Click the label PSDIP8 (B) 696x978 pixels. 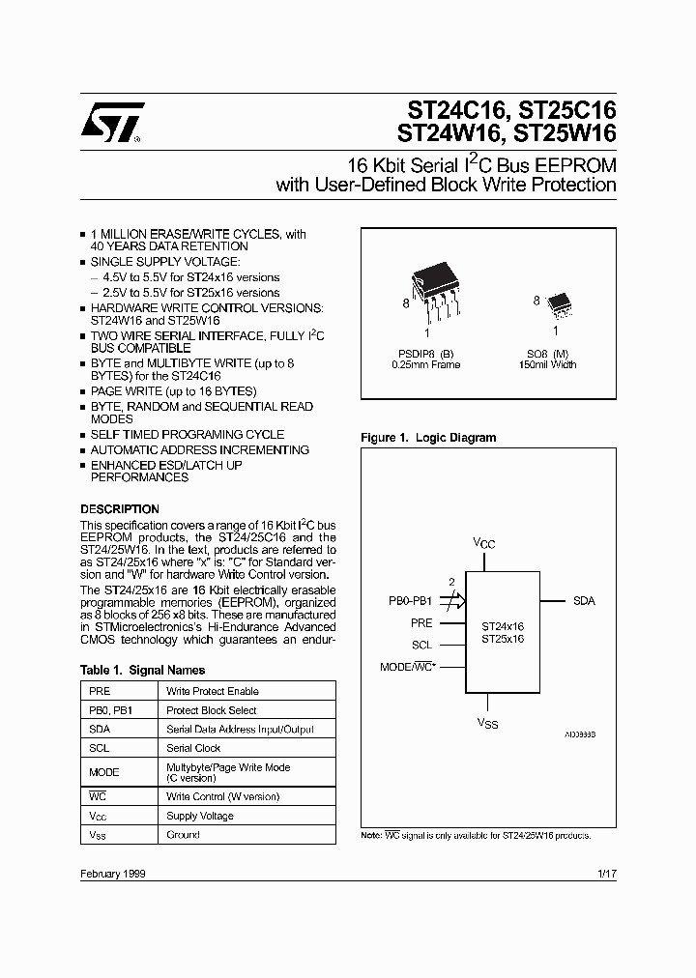pyautogui.click(x=425, y=353)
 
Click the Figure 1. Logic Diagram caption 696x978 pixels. pyautogui.click(x=428, y=438)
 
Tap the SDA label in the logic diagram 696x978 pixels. pyautogui.click(x=584, y=601)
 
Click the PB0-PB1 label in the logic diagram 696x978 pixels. pyautogui.click(x=411, y=601)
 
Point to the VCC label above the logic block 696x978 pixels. pyautogui.click(x=483, y=543)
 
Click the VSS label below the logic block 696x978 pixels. pyautogui.click(x=486, y=723)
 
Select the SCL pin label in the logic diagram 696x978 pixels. pyautogui.click(x=421, y=645)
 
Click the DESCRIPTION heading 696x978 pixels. pyautogui.click(x=120, y=509)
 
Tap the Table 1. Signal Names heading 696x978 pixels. pyautogui.click(x=142, y=670)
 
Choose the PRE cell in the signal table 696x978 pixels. pyautogui.click(x=100, y=691)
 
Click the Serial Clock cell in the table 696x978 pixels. pyautogui.click(x=193, y=748)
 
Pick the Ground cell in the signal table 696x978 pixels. pyautogui.click(x=183, y=834)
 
